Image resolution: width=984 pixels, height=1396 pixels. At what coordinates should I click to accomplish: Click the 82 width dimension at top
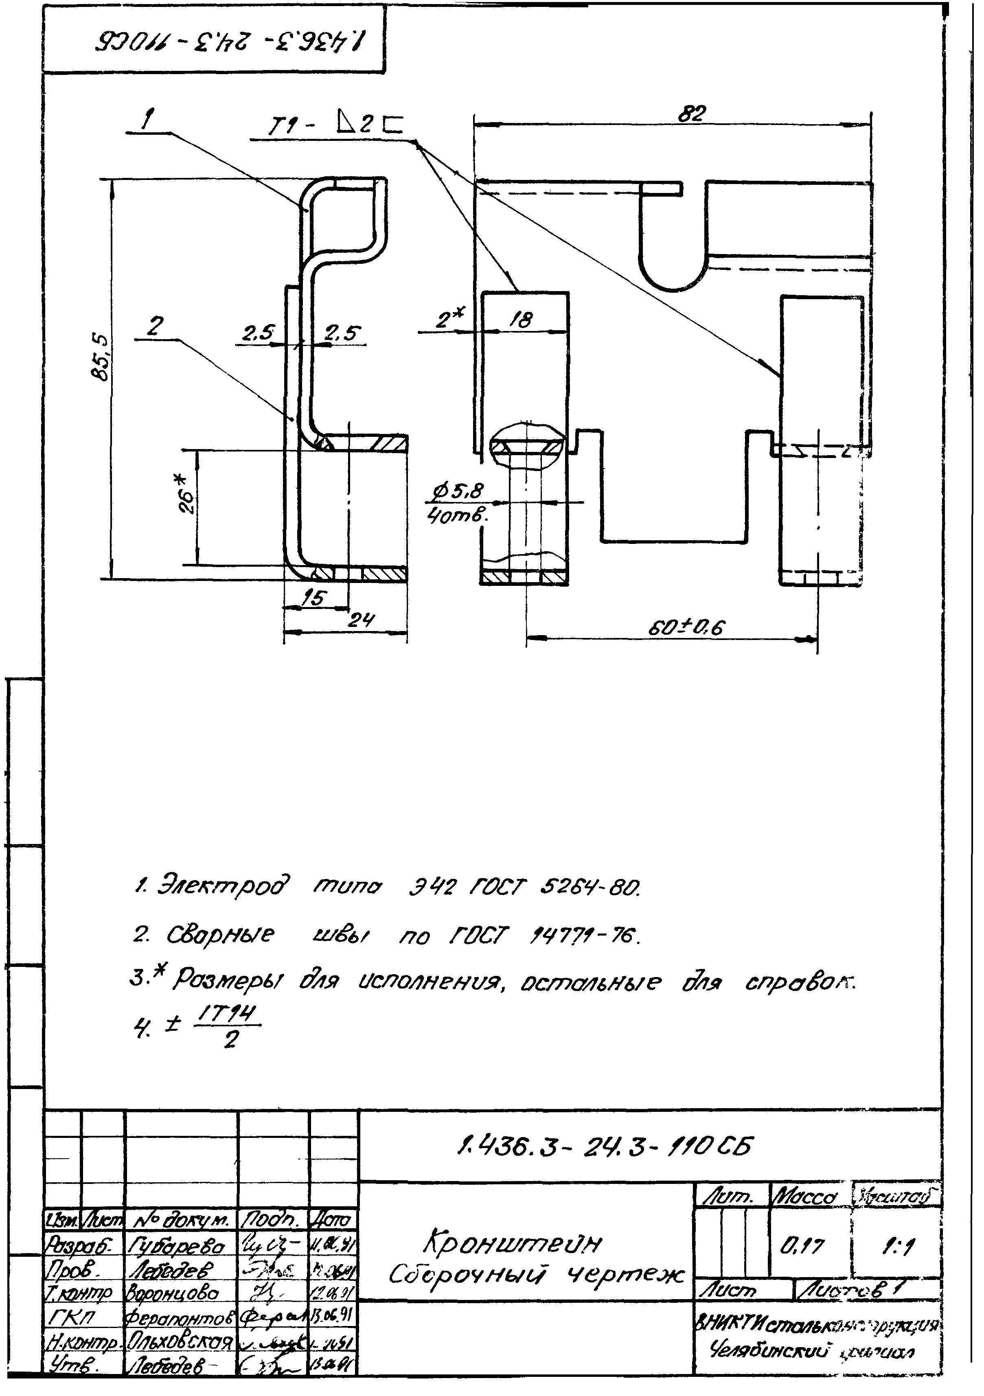tap(693, 114)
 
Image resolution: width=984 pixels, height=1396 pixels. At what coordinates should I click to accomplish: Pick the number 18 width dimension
tap(521, 320)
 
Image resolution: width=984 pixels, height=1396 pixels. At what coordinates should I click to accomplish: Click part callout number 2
tap(155, 327)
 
